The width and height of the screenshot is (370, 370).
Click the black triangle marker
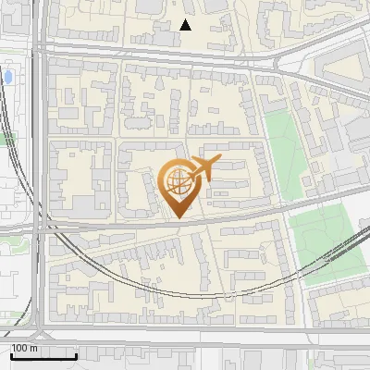pyautogui.click(x=186, y=25)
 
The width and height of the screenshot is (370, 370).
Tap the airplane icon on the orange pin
pyautogui.click(x=203, y=168)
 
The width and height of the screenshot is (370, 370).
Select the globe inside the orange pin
pyautogui.click(x=177, y=181)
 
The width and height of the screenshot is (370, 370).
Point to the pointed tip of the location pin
pyautogui.click(x=178, y=217)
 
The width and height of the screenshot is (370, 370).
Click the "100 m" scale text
pyautogui.click(x=25, y=348)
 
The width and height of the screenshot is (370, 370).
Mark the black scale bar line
pyautogui.click(x=43, y=355)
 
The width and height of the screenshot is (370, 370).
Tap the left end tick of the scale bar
pyautogui.click(x=11, y=353)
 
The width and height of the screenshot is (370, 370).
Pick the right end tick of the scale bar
pyautogui.click(x=76, y=353)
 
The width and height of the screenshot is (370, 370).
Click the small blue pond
pyautogui.click(x=8, y=76)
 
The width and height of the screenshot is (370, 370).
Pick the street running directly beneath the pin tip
pyautogui.click(x=178, y=225)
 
